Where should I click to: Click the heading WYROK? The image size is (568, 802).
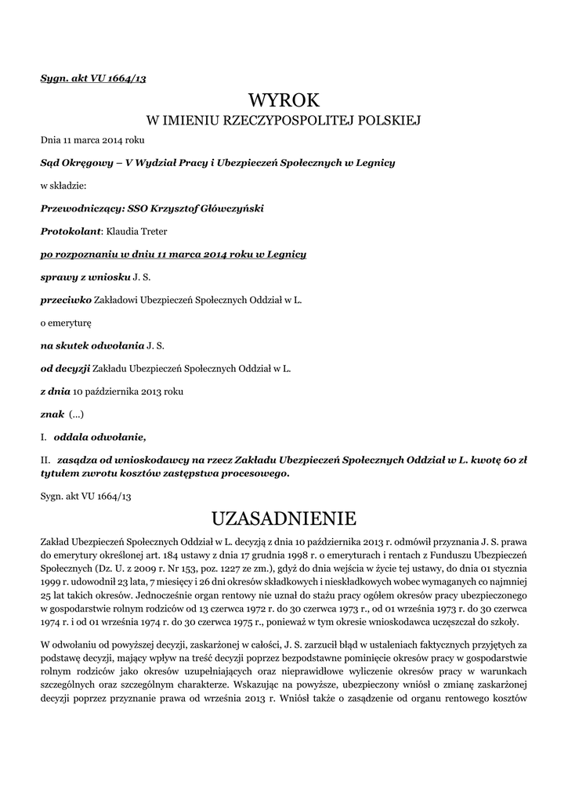284,100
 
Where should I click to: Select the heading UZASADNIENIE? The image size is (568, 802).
284,518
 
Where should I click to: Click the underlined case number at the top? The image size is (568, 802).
93,79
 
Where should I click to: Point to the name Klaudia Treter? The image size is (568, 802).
136,231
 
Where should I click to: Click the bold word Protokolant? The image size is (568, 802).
71,231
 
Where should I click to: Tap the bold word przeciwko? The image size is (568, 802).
66,300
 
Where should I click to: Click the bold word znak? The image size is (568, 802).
52,414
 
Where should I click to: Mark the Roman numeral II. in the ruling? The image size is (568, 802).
45,461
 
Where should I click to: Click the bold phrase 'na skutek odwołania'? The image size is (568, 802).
92,345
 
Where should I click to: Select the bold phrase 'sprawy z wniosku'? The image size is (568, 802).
85,277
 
